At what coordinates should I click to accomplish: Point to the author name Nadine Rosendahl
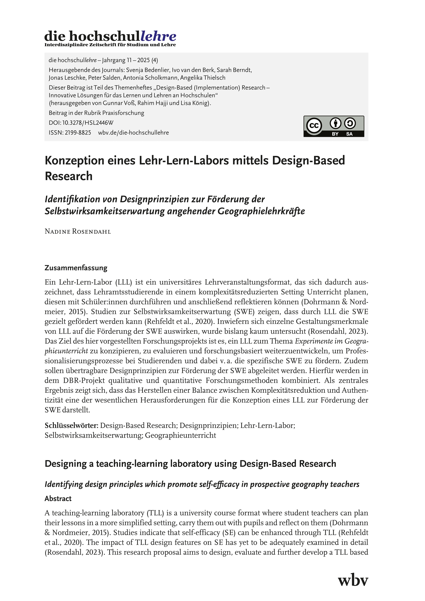78,232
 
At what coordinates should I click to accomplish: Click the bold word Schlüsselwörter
71,426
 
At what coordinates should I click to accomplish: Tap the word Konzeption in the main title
74,160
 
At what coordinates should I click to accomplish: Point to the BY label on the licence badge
335,134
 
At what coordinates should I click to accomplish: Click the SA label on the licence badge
349,134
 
